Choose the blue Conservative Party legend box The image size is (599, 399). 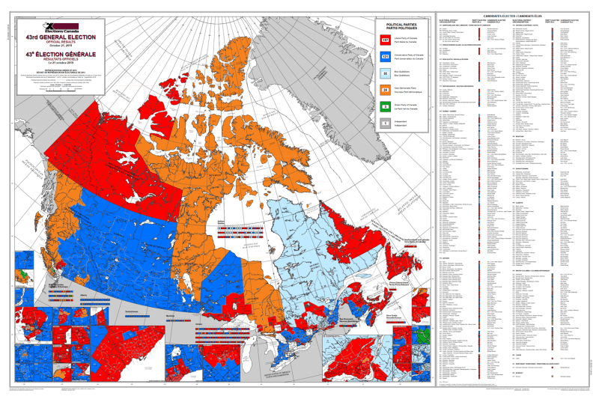tap(385, 56)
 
